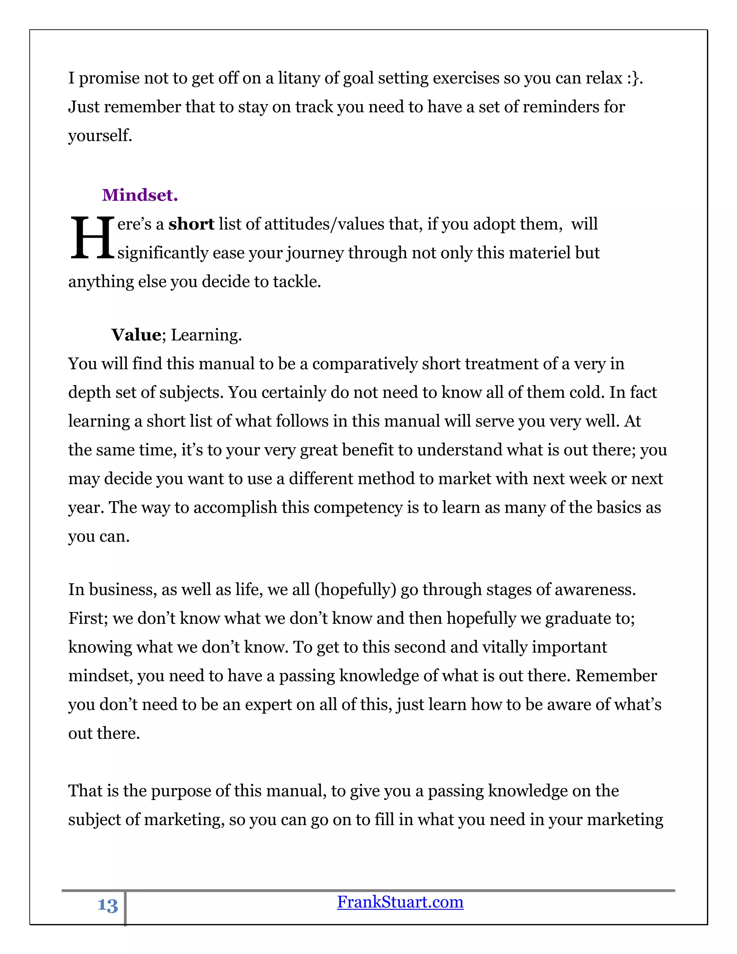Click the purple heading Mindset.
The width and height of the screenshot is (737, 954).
pos(140,195)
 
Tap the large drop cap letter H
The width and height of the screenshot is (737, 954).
pos(92,238)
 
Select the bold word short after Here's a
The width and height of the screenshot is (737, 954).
pos(191,224)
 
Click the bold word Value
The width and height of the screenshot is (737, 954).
pos(136,335)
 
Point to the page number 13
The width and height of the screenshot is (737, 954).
pos(107,905)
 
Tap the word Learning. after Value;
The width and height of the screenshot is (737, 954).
pos(206,335)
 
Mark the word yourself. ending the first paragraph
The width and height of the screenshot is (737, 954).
pos(100,136)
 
